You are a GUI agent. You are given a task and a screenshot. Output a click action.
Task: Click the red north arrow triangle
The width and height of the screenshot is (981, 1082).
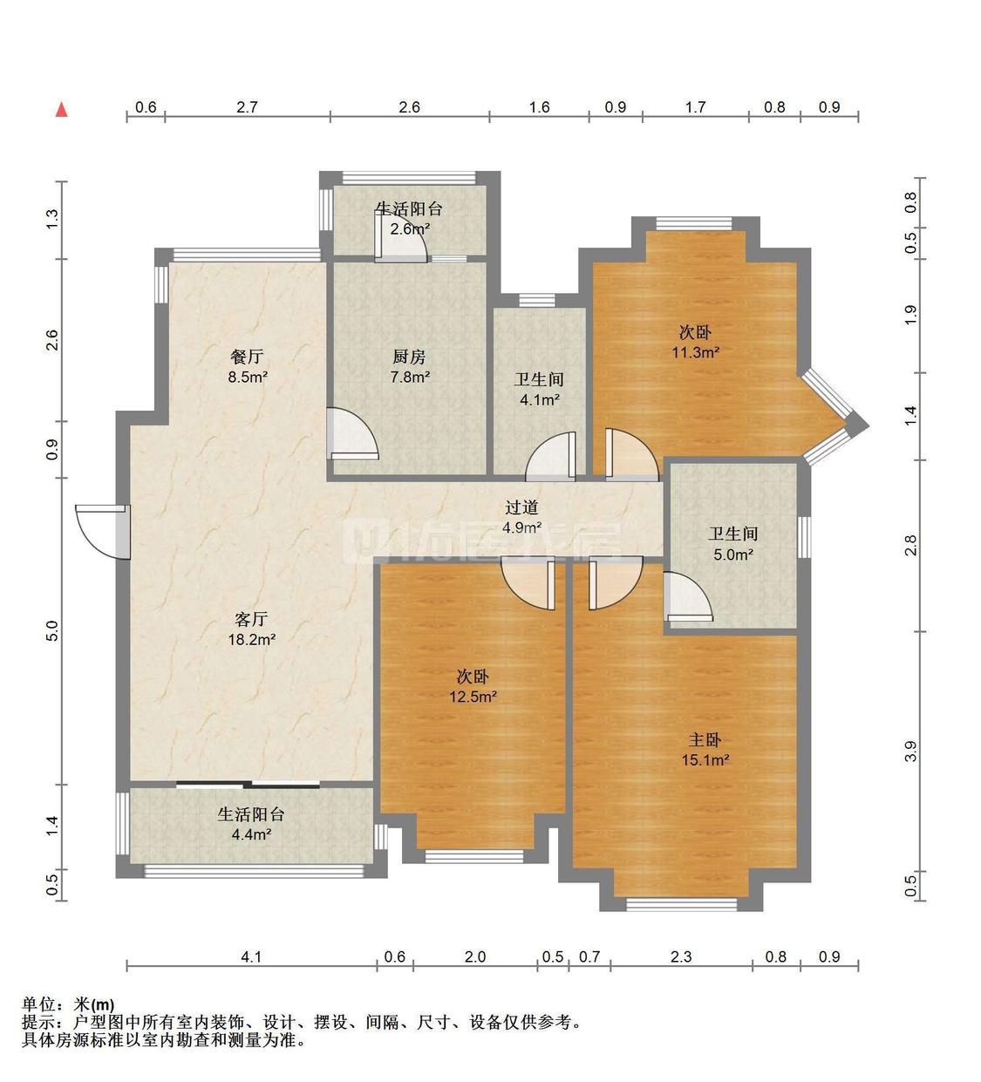tap(62, 110)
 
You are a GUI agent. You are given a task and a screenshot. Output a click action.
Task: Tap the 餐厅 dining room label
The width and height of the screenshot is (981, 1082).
tap(247, 357)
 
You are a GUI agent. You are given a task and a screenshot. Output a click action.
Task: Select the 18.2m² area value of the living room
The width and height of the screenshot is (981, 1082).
tap(251, 640)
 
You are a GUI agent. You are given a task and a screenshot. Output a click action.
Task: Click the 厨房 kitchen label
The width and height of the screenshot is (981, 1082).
tap(410, 357)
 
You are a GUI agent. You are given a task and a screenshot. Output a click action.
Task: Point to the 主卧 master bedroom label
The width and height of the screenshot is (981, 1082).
tap(705, 740)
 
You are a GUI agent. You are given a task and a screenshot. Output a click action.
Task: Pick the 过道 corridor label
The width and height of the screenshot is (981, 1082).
tap(521, 507)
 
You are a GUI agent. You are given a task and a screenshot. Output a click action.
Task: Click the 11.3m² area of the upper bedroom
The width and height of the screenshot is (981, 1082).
tap(695, 353)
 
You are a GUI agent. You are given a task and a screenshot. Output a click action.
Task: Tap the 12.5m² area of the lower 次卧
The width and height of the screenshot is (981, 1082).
tap(473, 697)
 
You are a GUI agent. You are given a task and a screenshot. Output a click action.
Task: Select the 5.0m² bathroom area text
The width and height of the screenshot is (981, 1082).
tap(733, 555)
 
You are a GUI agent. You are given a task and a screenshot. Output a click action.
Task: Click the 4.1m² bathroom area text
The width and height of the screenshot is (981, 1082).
tap(540, 399)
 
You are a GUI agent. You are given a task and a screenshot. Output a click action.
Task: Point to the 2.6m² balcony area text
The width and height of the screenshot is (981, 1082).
tap(410, 228)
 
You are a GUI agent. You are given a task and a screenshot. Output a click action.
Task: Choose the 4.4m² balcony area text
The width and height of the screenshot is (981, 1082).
tap(251, 834)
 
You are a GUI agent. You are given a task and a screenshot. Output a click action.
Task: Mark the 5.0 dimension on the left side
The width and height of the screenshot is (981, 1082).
tap(51, 631)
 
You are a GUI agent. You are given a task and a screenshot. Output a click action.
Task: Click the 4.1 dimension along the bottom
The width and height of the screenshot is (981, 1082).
tap(251, 956)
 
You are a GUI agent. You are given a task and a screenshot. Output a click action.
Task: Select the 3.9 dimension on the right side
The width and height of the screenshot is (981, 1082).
tap(911, 751)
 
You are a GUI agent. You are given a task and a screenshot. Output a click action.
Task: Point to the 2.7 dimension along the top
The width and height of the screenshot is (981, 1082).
tap(247, 106)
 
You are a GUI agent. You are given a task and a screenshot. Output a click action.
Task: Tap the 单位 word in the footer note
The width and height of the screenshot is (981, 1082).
tap(38, 1004)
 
